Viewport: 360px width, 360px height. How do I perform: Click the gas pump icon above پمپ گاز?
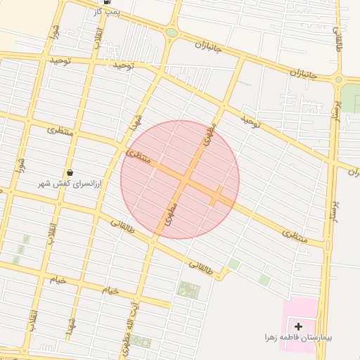pos(105,3)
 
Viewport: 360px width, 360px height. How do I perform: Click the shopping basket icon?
pos(69,173)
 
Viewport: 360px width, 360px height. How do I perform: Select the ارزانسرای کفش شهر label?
pos(69,184)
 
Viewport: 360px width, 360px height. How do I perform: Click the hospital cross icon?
pos(299,326)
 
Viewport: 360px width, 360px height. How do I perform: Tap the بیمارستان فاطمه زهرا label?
pos(299,337)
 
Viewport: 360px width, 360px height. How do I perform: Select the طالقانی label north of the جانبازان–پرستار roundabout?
pos(341,35)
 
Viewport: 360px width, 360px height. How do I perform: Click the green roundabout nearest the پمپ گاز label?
pos(172,32)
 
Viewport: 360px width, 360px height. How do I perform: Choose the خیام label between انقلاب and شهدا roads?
pos(110,290)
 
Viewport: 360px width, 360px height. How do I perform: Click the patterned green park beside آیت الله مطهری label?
pos(188,290)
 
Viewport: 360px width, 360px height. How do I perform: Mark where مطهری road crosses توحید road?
pos(223,108)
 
